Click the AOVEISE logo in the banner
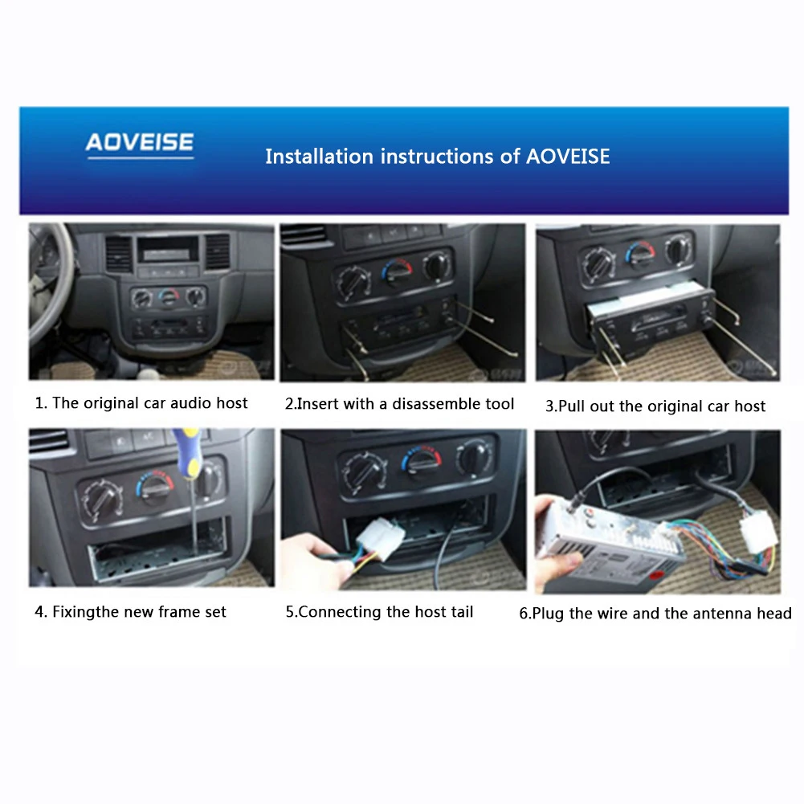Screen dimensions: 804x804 click(x=140, y=143)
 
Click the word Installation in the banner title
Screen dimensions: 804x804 click(x=319, y=156)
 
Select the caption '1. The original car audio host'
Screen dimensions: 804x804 click(x=141, y=403)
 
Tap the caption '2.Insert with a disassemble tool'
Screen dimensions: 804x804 click(x=399, y=404)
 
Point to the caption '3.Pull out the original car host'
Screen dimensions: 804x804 click(x=655, y=406)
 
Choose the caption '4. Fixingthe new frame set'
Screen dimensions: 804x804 click(x=130, y=612)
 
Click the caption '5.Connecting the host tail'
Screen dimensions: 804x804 click(x=379, y=612)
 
